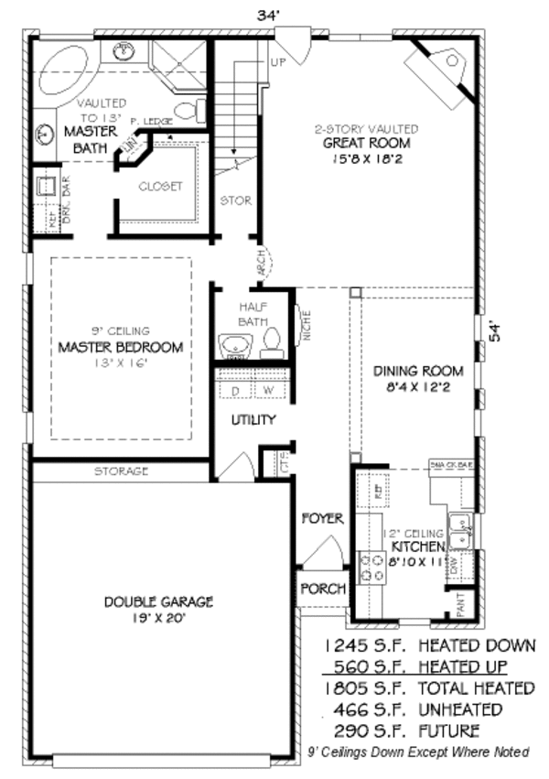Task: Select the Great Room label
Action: pos(366,143)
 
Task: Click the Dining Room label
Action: pos(417,371)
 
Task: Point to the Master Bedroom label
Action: pos(120,347)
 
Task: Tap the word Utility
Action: pos(253,419)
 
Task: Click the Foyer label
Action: pos(322,518)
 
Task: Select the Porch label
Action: pos(322,589)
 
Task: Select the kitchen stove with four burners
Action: pos(373,568)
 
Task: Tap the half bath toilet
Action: pos(270,343)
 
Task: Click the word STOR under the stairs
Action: pos(235,200)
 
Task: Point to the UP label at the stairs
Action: pos(278,62)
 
